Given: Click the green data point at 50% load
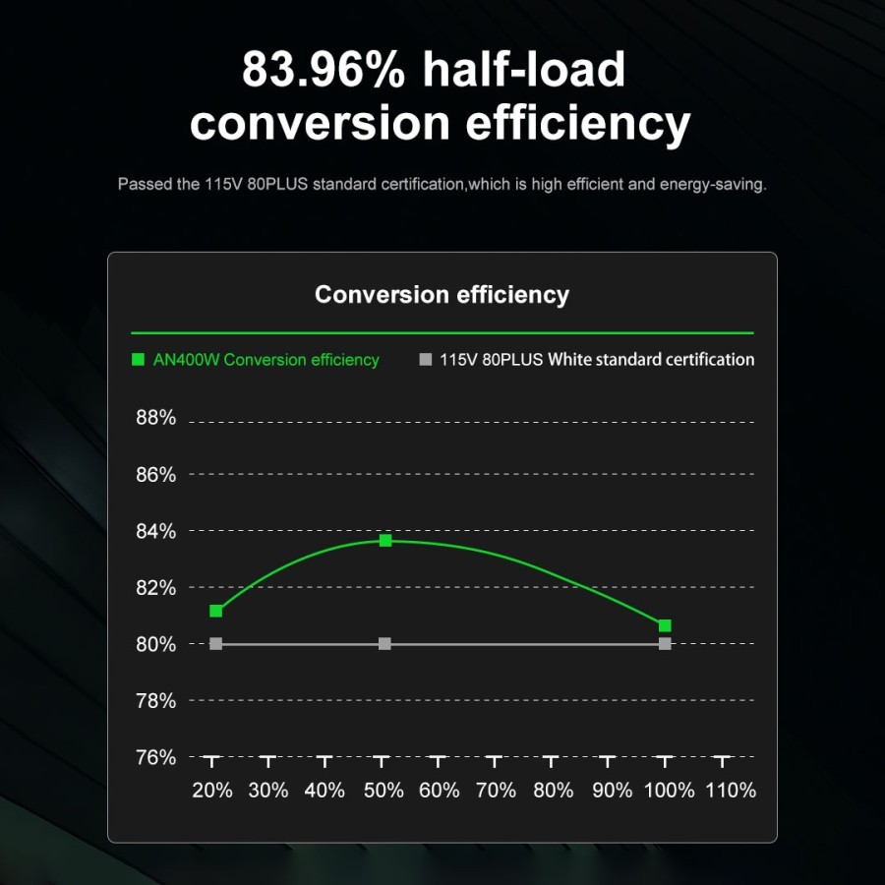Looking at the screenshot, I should (x=385, y=541).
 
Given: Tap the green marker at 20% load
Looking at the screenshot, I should (x=216, y=612).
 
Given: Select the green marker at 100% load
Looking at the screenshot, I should (x=665, y=626).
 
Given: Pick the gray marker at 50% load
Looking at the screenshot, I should (x=385, y=644).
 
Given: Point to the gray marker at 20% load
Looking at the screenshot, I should (x=216, y=644).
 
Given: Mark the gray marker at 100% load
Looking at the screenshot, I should (x=665, y=644).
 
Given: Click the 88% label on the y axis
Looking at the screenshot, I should (x=155, y=418).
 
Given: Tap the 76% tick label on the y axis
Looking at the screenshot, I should (x=155, y=757).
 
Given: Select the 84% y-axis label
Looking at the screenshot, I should (x=155, y=531).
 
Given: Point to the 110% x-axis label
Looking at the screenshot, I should (x=732, y=790).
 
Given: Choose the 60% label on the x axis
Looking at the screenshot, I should (x=439, y=790).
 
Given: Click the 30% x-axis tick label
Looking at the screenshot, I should (x=268, y=790).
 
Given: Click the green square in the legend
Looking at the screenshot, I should (x=138, y=360).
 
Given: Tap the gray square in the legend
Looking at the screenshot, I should (x=425, y=360).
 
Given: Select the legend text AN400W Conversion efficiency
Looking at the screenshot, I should (x=266, y=360).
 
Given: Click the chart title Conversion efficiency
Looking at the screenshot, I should (x=442, y=294).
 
